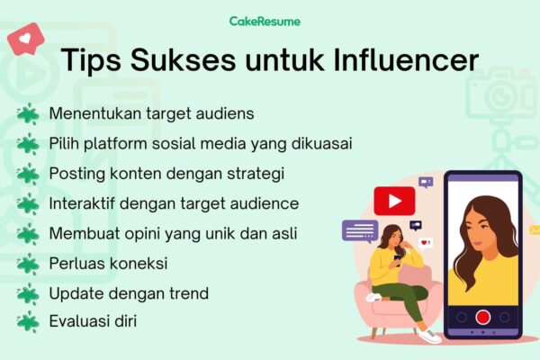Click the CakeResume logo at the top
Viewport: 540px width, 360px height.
(265, 22)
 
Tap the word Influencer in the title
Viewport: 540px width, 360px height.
(407, 60)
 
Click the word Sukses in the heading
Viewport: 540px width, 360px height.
(184, 60)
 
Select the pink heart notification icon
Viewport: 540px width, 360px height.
(26, 39)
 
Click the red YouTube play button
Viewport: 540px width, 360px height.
(394, 201)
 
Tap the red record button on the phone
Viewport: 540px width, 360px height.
(482, 317)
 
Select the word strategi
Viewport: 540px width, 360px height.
(256, 174)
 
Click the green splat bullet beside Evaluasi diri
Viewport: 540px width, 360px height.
(28, 322)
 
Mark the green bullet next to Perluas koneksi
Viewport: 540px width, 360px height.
(28, 265)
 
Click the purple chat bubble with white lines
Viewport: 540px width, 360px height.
(360, 230)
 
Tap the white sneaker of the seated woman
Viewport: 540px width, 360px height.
(429, 335)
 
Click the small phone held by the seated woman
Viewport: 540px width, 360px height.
(398, 259)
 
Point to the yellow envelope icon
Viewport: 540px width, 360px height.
(535, 229)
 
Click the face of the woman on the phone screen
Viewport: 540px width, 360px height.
(481, 230)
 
